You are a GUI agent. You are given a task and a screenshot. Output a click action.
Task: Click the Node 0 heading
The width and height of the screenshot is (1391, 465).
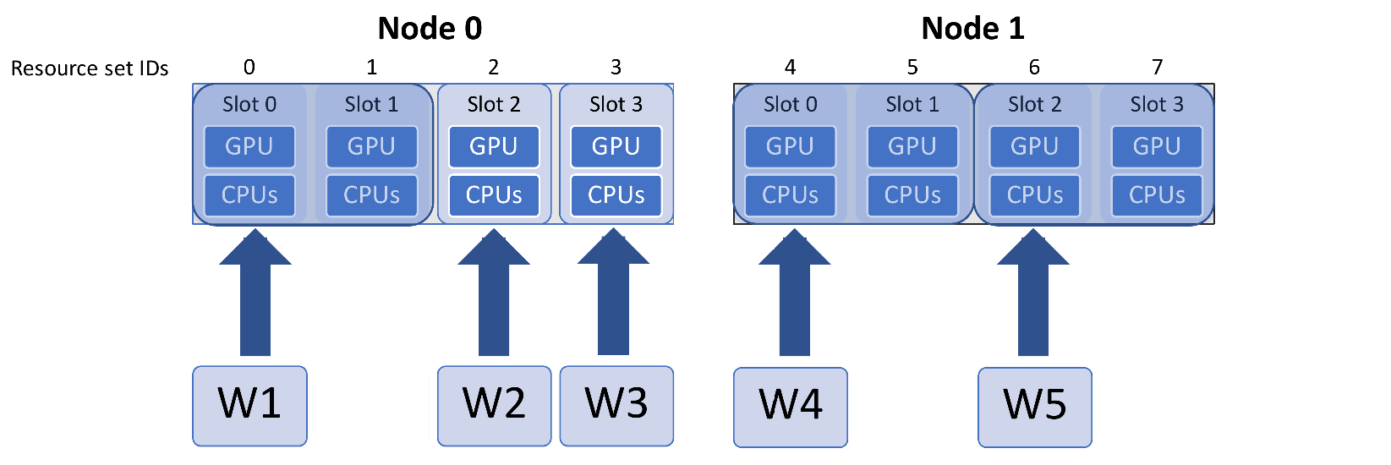pyautogui.click(x=430, y=29)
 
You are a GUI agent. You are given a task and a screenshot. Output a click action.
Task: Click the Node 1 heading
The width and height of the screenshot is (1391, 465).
pyautogui.click(x=972, y=29)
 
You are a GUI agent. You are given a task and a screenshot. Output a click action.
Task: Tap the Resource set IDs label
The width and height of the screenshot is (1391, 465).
pyautogui.click(x=90, y=68)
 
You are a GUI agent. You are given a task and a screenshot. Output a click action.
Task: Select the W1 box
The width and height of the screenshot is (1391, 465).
pyautogui.click(x=249, y=405)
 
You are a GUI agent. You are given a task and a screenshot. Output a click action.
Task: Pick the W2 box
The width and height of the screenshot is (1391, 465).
pyautogui.click(x=494, y=405)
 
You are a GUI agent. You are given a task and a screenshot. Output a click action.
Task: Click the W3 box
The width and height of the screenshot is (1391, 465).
pyautogui.click(x=616, y=405)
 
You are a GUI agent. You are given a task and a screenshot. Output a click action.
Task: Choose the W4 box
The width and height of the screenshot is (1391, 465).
pyautogui.click(x=791, y=406)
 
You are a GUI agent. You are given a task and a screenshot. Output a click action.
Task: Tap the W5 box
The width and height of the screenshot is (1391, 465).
pyautogui.click(x=1035, y=406)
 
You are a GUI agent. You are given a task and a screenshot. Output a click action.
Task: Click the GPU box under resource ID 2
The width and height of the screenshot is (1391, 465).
pyautogui.click(x=494, y=146)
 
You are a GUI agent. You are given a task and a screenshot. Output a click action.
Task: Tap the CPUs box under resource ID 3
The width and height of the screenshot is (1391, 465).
pyautogui.click(x=616, y=195)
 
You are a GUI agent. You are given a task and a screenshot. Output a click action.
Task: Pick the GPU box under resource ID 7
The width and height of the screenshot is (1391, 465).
pyautogui.click(x=1157, y=146)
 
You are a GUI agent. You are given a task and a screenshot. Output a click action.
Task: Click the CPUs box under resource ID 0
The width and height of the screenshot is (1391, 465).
pyautogui.click(x=249, y=195)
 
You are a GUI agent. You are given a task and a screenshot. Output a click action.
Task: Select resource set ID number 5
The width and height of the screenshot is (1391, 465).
pyautogui.click(x=912, y=67)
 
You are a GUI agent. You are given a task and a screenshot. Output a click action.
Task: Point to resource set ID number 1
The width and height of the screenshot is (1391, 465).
pyautogui.click(x=371, y=67)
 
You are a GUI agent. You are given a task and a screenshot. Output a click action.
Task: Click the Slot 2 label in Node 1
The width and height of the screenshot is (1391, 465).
pyautogui.click(x=1034, y=104)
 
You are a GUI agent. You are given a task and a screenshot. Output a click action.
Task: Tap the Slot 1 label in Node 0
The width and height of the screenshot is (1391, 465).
pyautogui.click(x=371, y=104)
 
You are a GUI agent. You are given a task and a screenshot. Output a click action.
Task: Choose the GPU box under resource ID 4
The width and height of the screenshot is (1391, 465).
pyautogui.click(x=790, y=146)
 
